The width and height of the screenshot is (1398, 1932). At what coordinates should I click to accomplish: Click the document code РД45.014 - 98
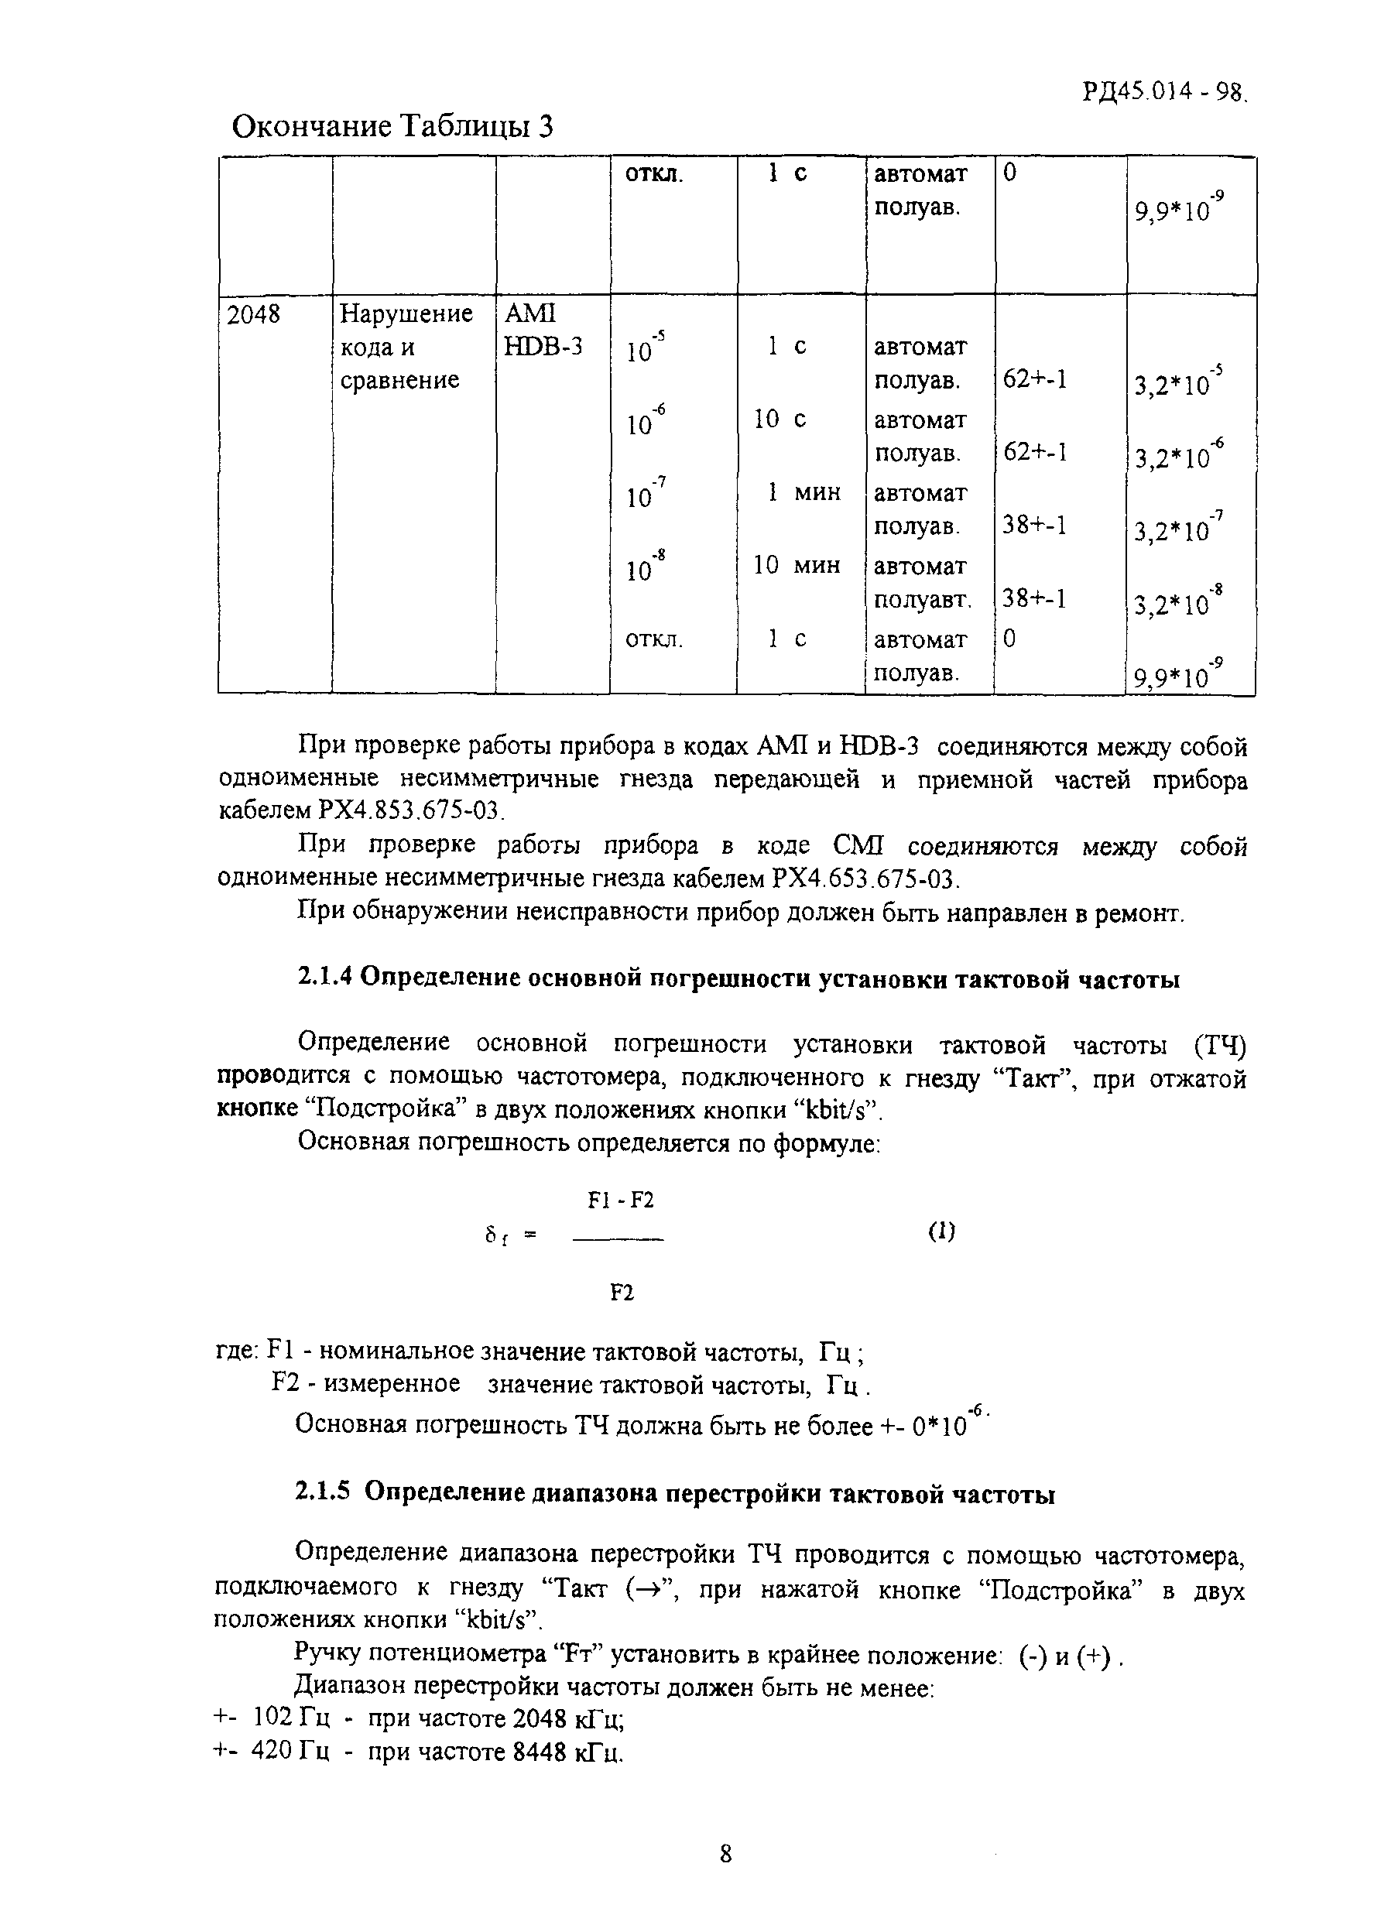point(1163,91)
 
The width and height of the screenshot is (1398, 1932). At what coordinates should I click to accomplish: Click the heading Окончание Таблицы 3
point(392,127)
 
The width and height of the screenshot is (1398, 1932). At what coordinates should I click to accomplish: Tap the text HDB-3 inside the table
point(543,347)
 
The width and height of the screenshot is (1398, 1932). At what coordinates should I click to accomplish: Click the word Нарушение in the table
point(406,314)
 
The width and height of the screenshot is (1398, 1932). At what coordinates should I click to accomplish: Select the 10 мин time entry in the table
point(797,565)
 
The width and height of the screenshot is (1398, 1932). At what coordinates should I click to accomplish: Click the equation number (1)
point(941,1231)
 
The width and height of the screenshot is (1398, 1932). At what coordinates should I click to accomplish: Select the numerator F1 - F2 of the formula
point(620,1201)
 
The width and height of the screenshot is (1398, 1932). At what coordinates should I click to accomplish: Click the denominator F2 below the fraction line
point(622,1293)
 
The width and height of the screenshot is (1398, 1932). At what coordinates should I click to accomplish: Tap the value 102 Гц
point(292,1718)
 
